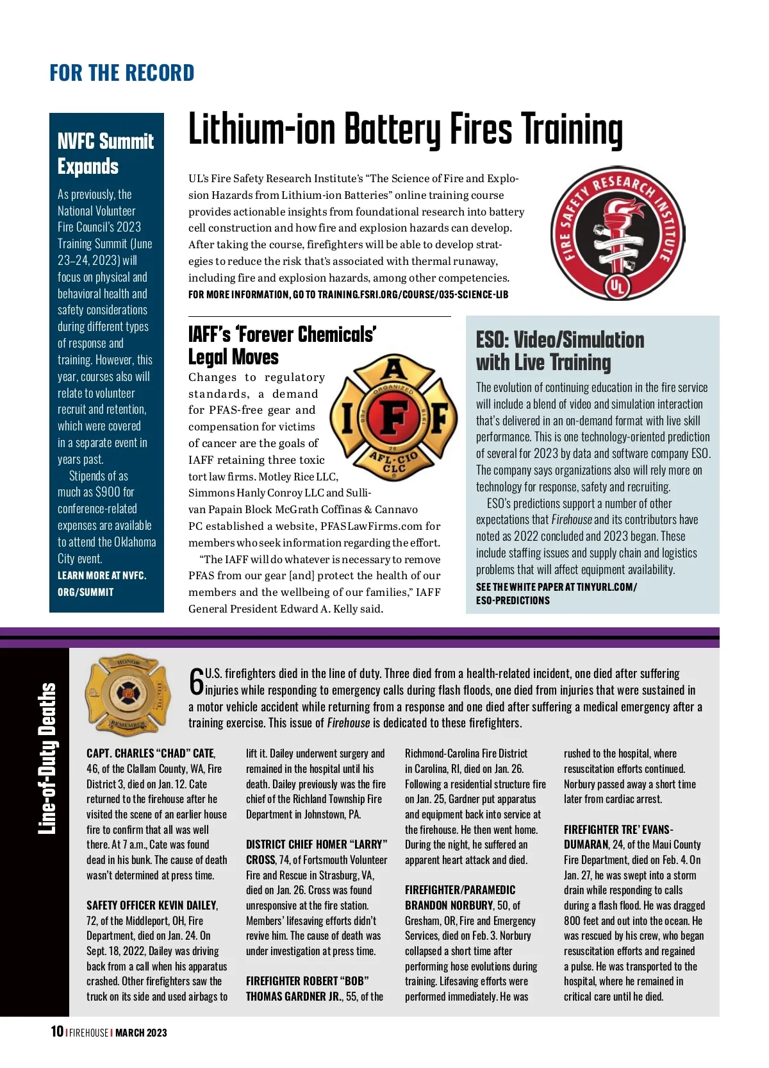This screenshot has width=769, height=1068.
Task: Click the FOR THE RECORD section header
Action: (122, 73)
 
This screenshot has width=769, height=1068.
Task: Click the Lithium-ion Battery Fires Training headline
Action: (405, 130)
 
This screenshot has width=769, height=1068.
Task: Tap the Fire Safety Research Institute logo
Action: (618, 234)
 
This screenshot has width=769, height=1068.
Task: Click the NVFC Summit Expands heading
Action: (106, 153)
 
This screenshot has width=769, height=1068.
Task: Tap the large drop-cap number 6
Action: (196, 681)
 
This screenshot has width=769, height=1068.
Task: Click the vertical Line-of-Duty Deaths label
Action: (47, 758)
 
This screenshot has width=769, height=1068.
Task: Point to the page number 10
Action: (57, 1031)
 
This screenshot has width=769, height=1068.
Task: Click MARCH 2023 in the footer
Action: (141, 1033)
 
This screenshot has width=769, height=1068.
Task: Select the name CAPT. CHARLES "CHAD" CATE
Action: (151, 754)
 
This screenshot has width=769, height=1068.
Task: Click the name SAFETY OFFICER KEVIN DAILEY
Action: (152, 905)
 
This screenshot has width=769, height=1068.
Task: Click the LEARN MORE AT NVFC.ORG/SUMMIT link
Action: (102, 584)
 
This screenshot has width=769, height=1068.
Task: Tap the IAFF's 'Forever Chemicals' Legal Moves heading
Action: (282, 345)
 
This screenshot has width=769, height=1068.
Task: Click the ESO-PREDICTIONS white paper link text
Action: (513, 600)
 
